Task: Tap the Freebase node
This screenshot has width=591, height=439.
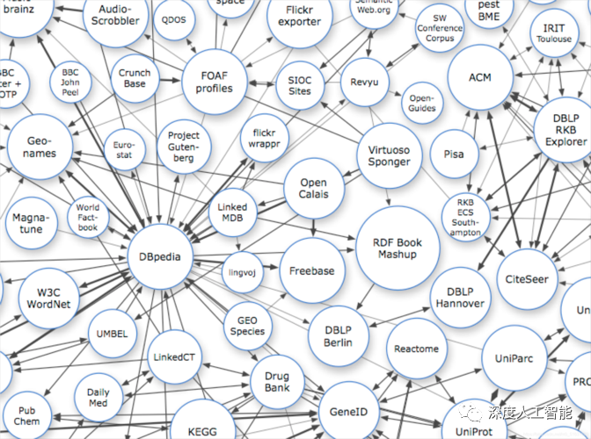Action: pyautogui.click(x=312, y=270)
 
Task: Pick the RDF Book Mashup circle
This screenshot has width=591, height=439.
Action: pyautogui.click(x=398, y=248)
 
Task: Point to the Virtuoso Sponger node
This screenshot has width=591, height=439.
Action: pyautogui.click(x=388, y=156)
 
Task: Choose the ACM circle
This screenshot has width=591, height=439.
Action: pyautogui.click(x=480, y=78)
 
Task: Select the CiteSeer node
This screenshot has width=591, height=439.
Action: pyautogui.click(x=526, y=279)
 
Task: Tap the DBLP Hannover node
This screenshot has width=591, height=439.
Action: pyautogui.click(x=459, y=298)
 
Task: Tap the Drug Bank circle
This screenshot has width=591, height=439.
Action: pyautogui.click(x=277, y=382)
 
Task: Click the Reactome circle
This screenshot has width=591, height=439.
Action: pyautogui.click(x=416, y=349)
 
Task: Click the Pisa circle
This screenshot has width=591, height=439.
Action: pyautogui.click(x=454, y=154)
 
